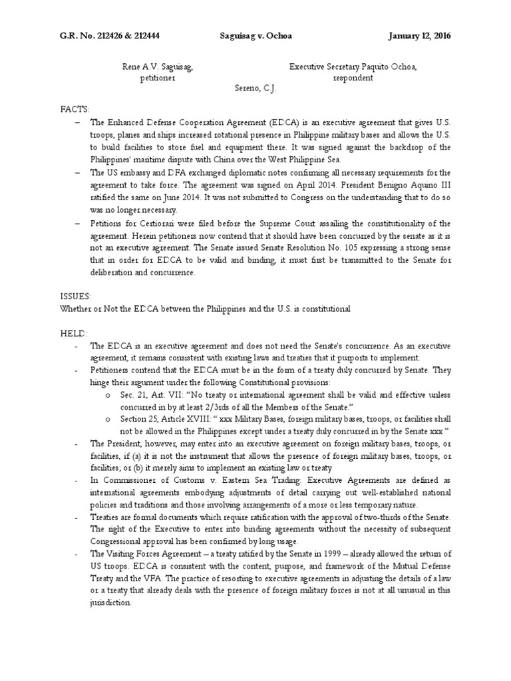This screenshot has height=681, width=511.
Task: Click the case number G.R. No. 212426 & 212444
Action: click(110, 36)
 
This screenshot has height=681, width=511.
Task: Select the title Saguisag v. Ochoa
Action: click(255, 36)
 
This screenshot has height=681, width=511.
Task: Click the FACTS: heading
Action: click(75, 108)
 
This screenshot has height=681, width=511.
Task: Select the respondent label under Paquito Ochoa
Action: click(353, 78)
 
